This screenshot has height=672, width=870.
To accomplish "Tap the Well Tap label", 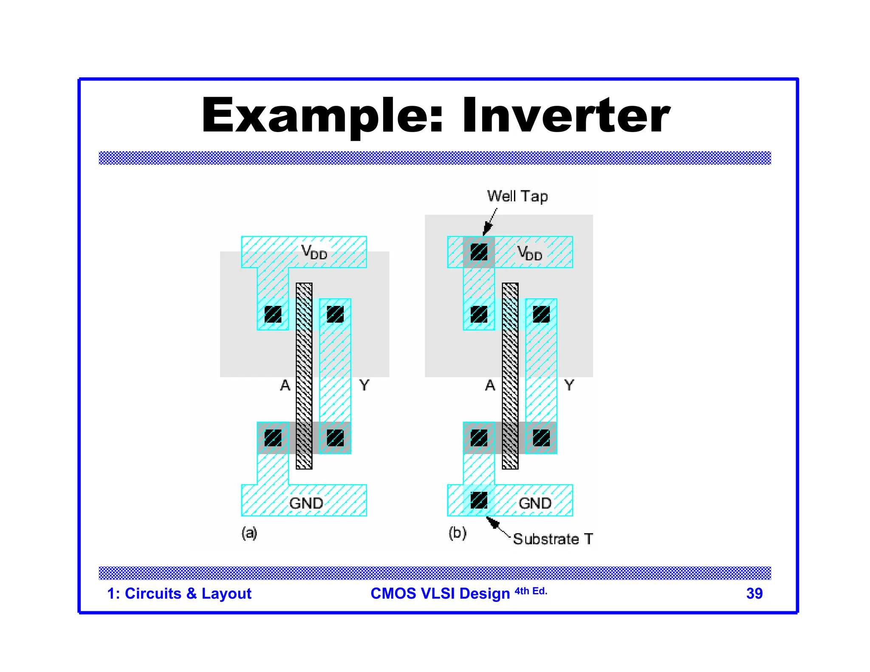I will [x=517, y=196].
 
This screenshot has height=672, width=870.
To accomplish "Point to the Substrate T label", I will [x=552, y=539].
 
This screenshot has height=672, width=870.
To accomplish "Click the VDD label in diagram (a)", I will [x=314, y=252].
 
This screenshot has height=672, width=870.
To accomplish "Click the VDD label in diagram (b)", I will [x=530, y=253].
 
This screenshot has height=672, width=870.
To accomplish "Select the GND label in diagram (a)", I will [x=306, y=503].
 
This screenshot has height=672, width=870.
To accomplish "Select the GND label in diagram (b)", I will [x=535, y=503].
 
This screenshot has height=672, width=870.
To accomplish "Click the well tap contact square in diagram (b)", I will [x=479, y=252].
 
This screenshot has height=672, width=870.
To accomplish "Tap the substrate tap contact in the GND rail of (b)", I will [x=479, y=500].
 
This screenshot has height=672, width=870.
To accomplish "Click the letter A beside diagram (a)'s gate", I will [x=285, y=385].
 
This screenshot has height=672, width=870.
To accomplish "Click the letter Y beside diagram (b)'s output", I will [x=569, y=385].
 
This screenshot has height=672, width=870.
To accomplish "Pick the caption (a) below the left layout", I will [x=249, y=533].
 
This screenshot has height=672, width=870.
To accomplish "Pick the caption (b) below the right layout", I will [x=457, y=533].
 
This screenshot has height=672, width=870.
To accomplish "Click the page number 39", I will [x=754, y=593].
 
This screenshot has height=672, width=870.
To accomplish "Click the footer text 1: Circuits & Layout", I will [x=179, y=593].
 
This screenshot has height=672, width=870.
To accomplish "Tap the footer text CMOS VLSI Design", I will [x=440, y=593].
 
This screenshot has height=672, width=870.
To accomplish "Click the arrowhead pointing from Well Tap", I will [x=487, y=229].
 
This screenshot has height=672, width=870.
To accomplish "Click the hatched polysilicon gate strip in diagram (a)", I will [x=304, y=376].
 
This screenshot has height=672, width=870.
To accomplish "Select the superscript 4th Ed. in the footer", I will [x=531, y=591].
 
